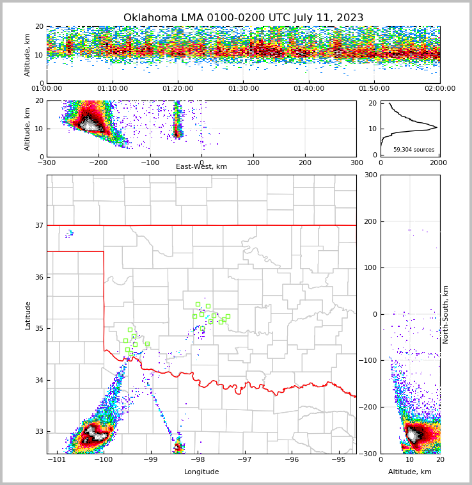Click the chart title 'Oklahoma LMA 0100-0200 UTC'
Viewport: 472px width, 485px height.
[x=243, y=18]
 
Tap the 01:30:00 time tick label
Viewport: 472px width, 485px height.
[x=244, y=89]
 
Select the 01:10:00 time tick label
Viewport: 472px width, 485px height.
[x=112, y=89]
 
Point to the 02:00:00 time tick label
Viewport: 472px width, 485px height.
[x=440, y=89]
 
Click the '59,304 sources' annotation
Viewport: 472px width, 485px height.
[x=414, y=150]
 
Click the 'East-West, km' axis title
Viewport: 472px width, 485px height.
[x=201, y=167]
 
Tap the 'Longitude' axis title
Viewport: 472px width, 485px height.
[x=201, y=472]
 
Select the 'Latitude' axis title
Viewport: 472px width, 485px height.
[x=28, y=315]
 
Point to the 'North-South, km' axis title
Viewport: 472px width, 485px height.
[x=446, y=314]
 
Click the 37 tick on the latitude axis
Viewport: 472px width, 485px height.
[x=39, y=225]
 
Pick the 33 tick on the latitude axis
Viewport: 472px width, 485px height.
[x=39, y=431]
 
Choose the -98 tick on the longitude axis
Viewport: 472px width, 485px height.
[x=198, y=460]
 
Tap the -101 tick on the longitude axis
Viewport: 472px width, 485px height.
[x=57, y=460]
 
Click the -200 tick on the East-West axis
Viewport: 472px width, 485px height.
[x=97, y=163]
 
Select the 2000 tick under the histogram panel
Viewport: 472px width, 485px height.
[x=438, y=163]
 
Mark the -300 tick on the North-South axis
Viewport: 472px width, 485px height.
[x=370, y=454]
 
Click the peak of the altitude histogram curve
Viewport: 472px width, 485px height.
[x=437, y=127]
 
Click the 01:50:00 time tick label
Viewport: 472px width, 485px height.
[x=374, y=89]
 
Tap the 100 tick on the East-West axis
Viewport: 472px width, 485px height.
[x=253, y=163]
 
